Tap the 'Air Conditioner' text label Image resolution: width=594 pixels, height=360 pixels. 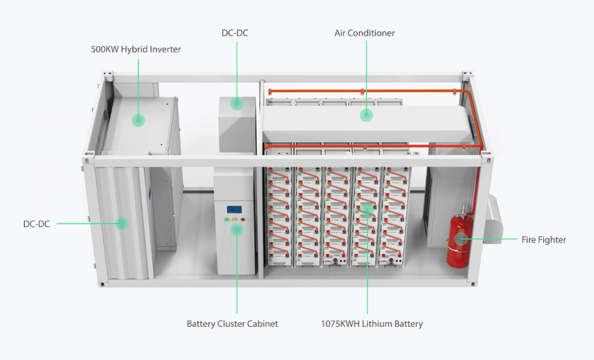point(364,33)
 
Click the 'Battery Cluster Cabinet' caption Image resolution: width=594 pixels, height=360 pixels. point(232,323)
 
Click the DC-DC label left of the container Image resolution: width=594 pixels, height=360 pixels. point(37,223)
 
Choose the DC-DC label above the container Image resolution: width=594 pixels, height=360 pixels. point(236,33)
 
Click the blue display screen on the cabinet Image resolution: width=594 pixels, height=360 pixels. point(234,210)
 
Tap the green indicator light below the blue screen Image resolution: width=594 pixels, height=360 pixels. point(226,220)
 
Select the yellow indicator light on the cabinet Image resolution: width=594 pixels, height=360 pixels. point(234,220)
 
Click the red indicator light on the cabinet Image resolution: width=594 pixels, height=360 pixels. point(242,220)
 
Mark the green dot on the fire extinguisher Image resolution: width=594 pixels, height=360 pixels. point(461,238)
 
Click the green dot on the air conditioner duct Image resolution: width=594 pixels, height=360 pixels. point(366,115)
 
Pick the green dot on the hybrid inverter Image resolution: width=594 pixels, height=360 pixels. point(138,120)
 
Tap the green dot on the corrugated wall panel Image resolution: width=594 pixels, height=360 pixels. point(121,223)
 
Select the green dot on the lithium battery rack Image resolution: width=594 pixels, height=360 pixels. point(366,209)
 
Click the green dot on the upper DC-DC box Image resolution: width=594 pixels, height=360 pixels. point(236,104)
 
